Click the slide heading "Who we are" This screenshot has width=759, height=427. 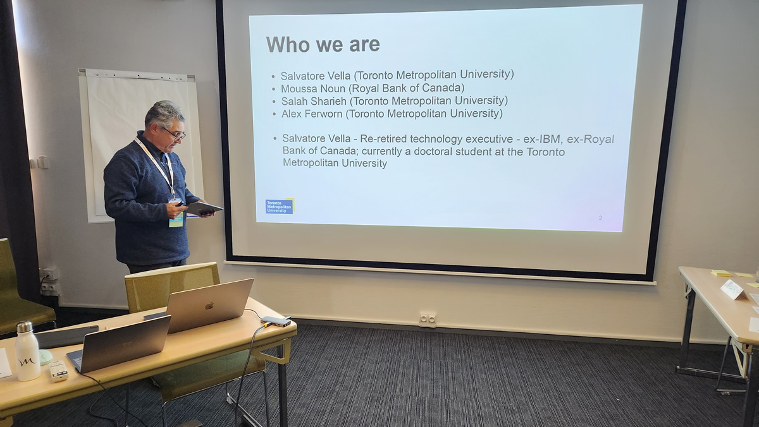pyautogui.click(x=323, y=44)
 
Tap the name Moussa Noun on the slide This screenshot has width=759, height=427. pyautogui.click(x=312, y=88)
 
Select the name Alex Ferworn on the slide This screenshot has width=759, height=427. pyautogui.click(x=312, y=114)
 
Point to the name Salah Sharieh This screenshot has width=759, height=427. pyautogui.click(x=314, y=101)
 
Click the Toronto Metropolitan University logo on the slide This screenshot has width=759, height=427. pyautogui.click(x=280, y=206)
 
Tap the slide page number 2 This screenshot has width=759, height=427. pyautogui.click(x=600, y=217)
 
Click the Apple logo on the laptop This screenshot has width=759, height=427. pyautogui.click(x=210, y=306)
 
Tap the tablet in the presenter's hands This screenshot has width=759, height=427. pyautogui.click(x=204, y=208)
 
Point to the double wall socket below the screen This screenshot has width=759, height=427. pyautogui.click(x=428, y=319)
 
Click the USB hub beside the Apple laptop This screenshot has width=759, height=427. pyautogui.click(x=276, y=322)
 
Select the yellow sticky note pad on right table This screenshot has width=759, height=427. pyautogui.click(x=722, y=273)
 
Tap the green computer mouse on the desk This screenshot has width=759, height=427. pyautogui.click(x=46, y=357)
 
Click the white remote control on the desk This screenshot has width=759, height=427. pyautogui.click(x=58, y=371)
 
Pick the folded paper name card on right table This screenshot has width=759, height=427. pyautogui.click(x=734, y=290)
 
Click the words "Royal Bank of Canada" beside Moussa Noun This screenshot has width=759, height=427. pyautogui.click(x=407, y=88)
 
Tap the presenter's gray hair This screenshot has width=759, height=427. pyautogui.click(x=164, y=112)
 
